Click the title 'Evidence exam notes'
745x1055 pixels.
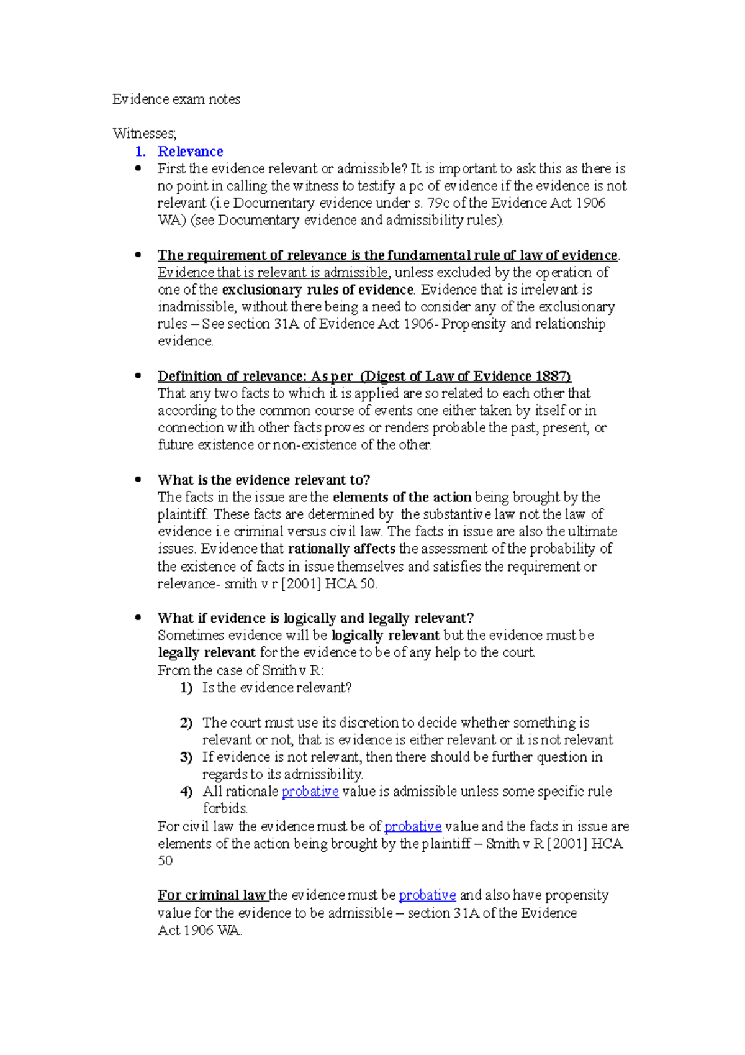[x=176, y=99]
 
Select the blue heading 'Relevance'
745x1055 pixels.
[x=190, y=152]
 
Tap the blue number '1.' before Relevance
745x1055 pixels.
[x=140, y=152]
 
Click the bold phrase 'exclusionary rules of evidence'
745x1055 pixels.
[x=317, y=290]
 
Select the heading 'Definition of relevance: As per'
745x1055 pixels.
[x=255, y=377]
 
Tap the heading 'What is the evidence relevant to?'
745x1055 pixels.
[x=264, y=480]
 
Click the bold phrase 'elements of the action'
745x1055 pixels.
[x=402, y=498]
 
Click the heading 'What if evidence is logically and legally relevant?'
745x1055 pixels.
[x=315, y=618]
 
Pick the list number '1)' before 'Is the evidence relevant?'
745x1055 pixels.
[x=186, y=688]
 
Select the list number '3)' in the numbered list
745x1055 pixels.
[x=186, y=757]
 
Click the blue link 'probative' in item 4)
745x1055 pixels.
[x=310, y=792]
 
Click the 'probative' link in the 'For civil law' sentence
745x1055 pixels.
[x=413, y=827]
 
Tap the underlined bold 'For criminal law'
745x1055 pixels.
[x=212, y=896]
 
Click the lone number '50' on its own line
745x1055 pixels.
[x=165, y=861]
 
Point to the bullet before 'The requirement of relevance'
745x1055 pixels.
[x=138, y=255]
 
